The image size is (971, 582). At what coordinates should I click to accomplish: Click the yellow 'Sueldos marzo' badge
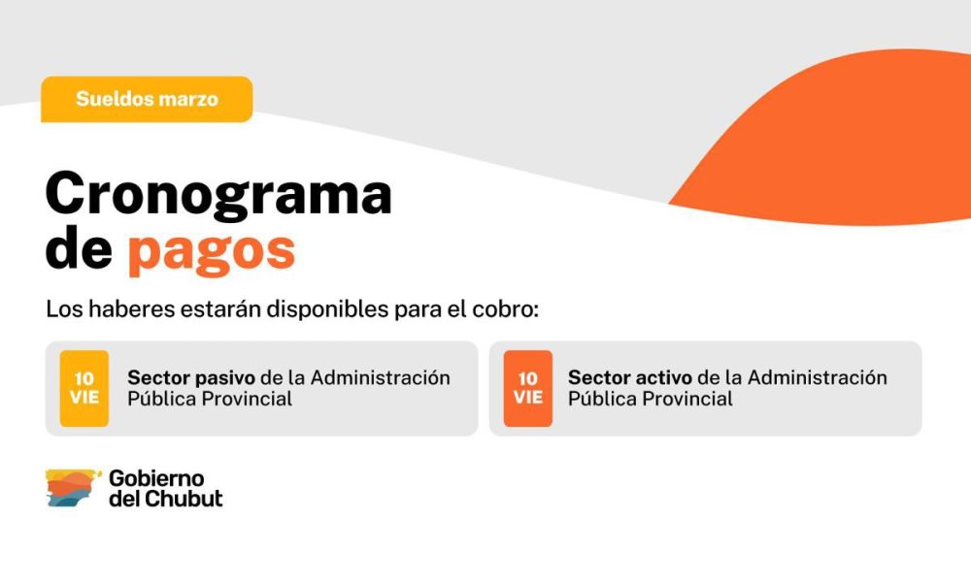coord(147,99)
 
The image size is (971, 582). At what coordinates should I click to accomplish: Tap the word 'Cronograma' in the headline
coord(218,194)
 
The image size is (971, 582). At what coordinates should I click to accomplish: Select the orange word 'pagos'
coord(212,252)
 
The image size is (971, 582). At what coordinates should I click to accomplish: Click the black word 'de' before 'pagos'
coord(79,248)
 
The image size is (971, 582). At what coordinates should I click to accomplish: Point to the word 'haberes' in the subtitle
coord(131,308)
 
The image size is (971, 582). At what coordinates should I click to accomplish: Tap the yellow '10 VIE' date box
coord(84,388)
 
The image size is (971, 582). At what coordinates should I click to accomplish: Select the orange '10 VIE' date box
coord(527,388)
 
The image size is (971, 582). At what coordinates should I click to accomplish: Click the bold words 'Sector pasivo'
coord(190,378)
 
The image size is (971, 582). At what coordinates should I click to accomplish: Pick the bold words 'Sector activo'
coord(630,378)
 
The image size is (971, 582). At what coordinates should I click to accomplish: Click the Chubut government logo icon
coord(73,488)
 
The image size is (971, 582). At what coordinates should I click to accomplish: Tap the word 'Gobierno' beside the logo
coord(156,478)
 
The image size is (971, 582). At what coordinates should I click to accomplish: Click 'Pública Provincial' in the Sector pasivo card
coord(210,399)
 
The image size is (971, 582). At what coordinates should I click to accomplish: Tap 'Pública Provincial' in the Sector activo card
coord(651,399)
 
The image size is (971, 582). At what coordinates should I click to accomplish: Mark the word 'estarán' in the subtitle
coord(220,308)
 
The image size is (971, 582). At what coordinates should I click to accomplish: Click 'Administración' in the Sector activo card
coord(817,378)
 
